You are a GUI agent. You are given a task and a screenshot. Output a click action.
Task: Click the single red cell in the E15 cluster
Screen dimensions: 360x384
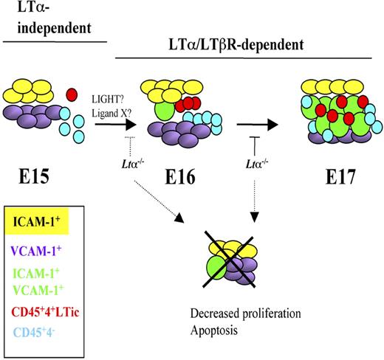click(71, 94)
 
